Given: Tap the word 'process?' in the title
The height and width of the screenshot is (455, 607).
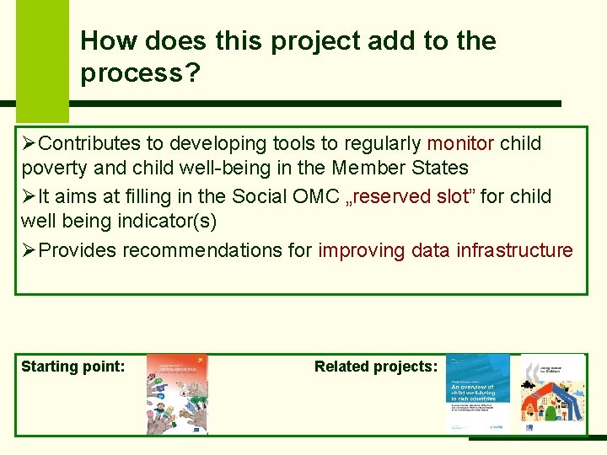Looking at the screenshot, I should [x=140, y=73].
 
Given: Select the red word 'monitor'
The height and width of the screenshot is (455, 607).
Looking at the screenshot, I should [x=460, y=143].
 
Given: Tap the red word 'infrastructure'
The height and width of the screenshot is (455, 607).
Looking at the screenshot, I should [x=514, y=250].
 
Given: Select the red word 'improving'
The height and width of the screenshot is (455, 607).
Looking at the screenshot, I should [x=363, y=250].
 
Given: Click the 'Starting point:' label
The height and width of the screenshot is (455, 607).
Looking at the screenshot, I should [x=73, y=366].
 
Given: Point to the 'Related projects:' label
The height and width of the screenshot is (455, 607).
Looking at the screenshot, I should [x=376, y=366].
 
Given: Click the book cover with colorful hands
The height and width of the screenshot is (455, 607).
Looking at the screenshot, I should [x=177, y=393].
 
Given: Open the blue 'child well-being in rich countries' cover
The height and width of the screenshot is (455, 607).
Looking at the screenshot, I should [x=478, y=393].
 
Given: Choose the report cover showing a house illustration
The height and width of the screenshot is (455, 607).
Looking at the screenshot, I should [x=552, y=393].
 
